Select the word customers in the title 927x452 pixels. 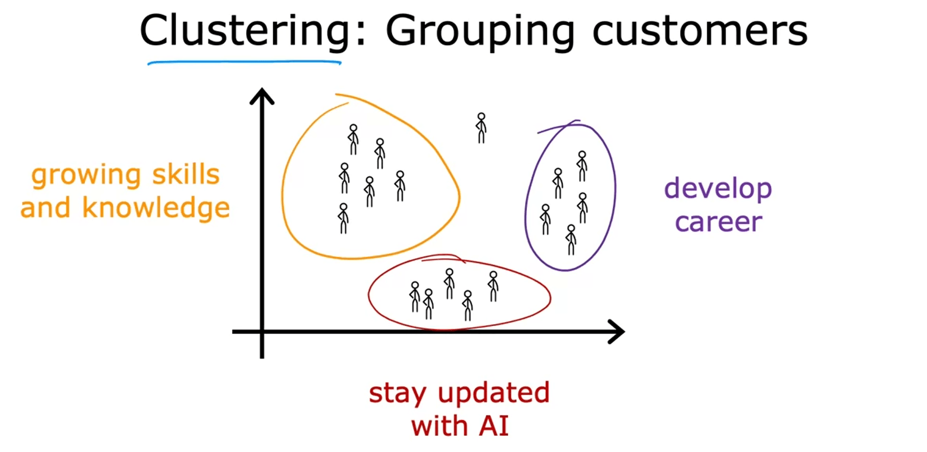click(700, 31)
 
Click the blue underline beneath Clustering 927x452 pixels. click(244, 62)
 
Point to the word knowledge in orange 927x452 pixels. click(156, 208)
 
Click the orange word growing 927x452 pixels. click(86, 176)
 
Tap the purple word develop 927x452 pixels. click(718, 189)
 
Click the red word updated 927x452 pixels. click(494, 393)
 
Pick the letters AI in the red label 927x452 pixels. click(494, 426)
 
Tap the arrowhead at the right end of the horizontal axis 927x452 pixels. click(617, 331)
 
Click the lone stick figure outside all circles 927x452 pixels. click(481, 128)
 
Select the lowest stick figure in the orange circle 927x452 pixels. click(343, 218)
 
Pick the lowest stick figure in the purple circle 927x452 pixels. click(571, 240)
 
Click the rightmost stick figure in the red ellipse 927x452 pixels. click(493, 286)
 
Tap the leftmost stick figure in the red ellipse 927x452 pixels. click(415, 297)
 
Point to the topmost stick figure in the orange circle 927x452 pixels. click(354, 140)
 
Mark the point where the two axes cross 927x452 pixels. click(262, 331)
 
